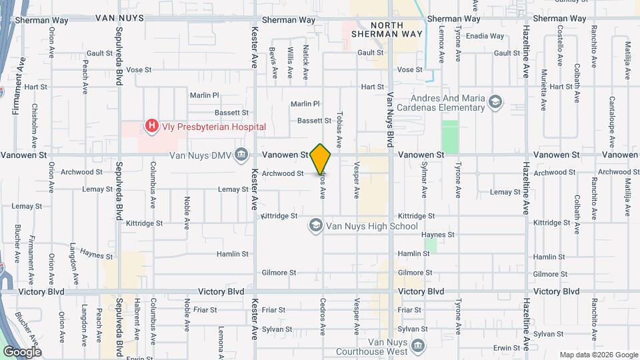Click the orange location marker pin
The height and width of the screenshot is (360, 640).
321,159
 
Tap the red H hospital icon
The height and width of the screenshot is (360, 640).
152,125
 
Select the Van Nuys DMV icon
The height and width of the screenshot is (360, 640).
241,155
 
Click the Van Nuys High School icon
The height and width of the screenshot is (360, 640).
315,226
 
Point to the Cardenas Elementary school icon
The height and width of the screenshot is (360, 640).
495,102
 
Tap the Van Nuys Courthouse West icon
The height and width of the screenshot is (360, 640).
418,345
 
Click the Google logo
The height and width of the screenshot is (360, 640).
21,352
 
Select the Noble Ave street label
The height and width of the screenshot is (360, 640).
187,210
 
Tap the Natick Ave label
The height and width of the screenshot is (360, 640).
306,61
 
